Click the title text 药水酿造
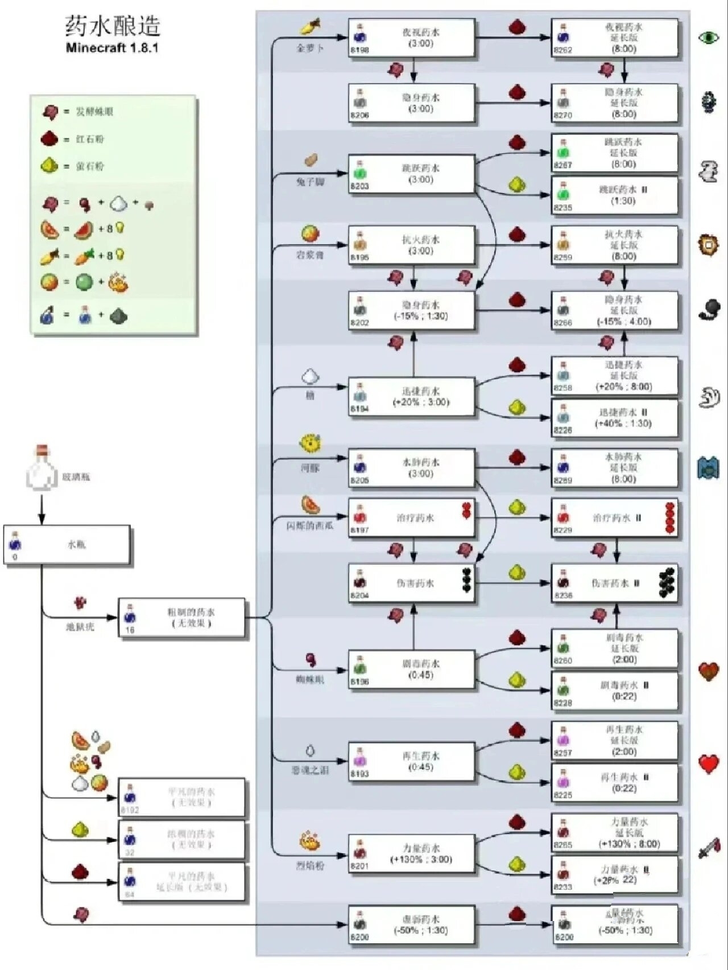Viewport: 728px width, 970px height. [x=112, y=26]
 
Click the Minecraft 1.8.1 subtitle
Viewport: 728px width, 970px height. [x=112, y=48]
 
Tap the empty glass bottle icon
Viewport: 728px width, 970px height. [x=42, y=468]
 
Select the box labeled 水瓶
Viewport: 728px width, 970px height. [x=67, y=545]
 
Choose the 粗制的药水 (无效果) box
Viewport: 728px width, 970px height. [x=182, y=618]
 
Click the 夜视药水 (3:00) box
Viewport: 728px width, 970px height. [x=411, y=38]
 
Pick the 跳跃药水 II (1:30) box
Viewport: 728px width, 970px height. [x=615, y=195]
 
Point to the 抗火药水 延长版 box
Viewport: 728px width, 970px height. [x=615, y=245]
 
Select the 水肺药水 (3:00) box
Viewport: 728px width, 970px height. [x=411, y=468]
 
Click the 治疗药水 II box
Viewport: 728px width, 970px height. [x=615, y=518]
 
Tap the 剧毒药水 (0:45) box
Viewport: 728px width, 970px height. [x=411, y=669]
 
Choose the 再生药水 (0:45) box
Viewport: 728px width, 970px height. [x=411, y=762]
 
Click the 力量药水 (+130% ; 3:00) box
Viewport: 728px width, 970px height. [x=411, y=854]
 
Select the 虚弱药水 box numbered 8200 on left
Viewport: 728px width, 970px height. [x=411, y=925]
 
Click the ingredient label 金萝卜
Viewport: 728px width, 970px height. [x=310, y=48]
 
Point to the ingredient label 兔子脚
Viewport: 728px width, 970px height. [x=310, y=182]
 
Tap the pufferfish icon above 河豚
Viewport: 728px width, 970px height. [x=311, y=443]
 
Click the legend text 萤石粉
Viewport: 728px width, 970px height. [x=90, y=166]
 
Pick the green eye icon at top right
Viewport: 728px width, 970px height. [x=709, y=38]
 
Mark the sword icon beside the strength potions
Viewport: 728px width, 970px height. [x=709, y=849]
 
